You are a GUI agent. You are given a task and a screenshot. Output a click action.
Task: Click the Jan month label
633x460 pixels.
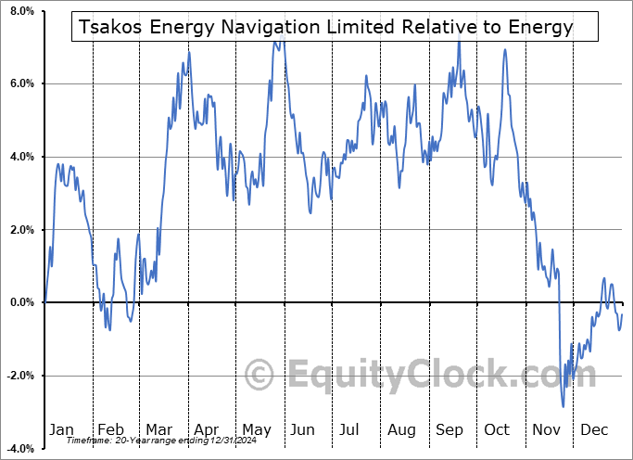[60, 430]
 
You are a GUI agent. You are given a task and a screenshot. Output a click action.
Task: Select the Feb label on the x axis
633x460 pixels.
[111, 430]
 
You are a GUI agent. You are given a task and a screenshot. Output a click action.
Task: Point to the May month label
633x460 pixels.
[256, 430]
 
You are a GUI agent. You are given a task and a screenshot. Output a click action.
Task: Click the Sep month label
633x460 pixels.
[449, 430]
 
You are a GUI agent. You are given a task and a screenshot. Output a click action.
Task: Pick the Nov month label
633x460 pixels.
[546, 430]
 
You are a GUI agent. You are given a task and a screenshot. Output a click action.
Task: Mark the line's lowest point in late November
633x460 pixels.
[563, 406]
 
